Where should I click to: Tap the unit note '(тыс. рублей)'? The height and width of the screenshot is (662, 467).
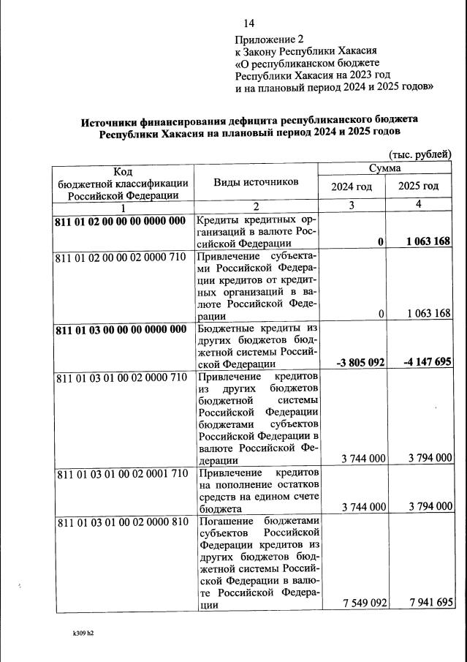point(419,154)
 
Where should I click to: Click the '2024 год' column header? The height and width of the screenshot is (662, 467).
point(352,187)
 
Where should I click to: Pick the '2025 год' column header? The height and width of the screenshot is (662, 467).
point(418,187)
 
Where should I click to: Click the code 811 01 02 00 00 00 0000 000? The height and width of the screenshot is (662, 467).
point(121,221)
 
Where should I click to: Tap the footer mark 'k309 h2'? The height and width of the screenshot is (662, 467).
point(78,633)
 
